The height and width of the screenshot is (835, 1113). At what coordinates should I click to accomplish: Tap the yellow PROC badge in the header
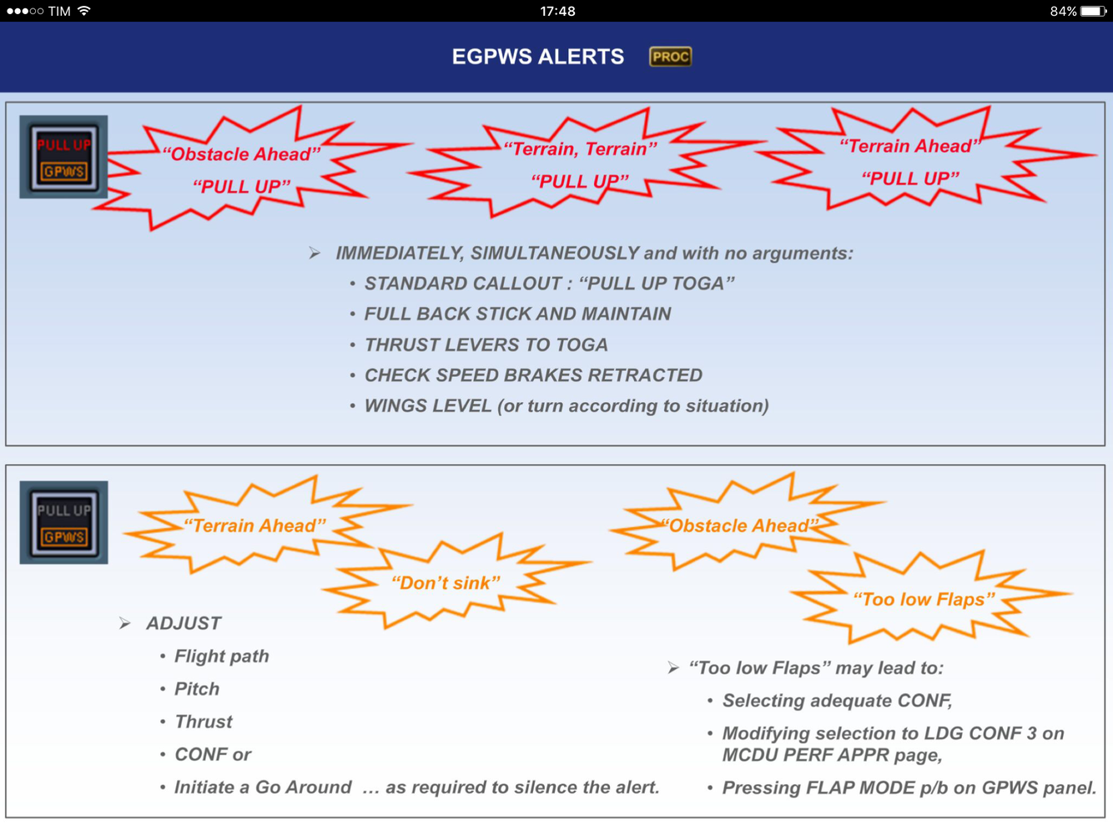670,57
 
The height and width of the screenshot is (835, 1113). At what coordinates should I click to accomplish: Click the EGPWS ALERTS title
537,57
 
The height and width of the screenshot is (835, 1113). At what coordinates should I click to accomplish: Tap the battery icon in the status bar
1092,11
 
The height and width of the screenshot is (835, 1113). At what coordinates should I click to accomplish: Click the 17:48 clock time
557,11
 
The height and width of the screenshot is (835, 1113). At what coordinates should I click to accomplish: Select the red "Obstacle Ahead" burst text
242,154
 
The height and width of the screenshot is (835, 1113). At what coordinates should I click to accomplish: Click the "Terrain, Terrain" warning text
580,149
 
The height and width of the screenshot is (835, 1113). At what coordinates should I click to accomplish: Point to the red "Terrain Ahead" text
910,147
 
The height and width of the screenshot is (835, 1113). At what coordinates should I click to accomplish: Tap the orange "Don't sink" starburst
446,583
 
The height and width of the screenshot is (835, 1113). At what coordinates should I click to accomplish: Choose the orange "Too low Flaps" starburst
924,599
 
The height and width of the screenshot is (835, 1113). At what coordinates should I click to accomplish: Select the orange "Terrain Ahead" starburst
254,526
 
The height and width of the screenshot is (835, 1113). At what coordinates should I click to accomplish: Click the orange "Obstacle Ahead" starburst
739,526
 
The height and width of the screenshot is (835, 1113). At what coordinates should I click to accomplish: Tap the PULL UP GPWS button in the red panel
64,157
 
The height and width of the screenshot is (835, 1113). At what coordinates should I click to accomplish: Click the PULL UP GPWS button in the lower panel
64,522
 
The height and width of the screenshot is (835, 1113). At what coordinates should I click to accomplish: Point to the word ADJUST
184,623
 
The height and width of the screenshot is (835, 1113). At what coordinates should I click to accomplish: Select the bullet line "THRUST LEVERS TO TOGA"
486,345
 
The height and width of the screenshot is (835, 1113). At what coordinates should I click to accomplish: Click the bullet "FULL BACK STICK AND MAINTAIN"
517,314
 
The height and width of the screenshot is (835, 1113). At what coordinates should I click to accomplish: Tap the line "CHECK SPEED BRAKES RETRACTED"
533,375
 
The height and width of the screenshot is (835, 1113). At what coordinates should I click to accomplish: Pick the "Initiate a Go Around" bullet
263,787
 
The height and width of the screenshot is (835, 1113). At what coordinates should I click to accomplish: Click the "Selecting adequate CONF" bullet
837,701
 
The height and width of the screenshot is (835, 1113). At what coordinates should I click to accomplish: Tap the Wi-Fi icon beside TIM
83,11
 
